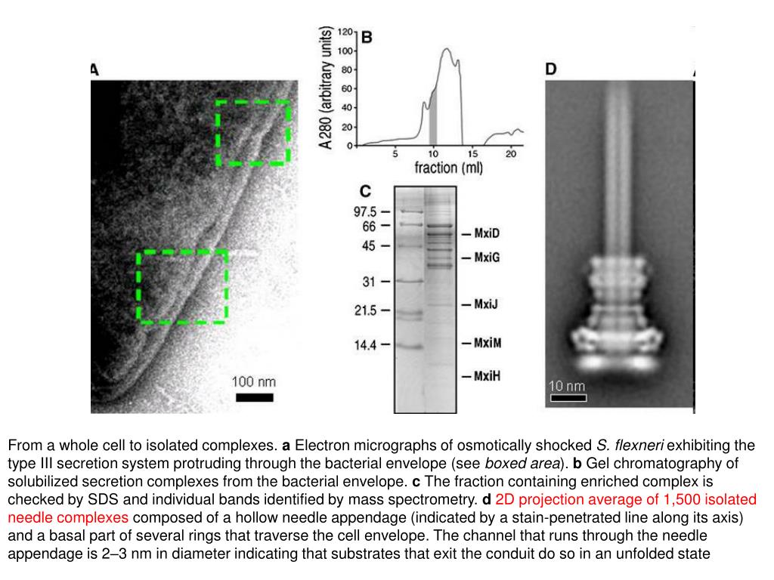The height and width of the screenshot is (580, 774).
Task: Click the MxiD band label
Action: point(488,233)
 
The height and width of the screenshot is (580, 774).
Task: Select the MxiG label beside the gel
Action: point(488,258)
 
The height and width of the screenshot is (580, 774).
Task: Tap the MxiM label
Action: point(488,342)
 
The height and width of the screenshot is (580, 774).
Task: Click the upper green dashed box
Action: point(253,132)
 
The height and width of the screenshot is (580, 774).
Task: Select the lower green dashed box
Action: point(182,287)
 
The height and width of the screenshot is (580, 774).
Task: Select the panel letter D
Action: point(551,69)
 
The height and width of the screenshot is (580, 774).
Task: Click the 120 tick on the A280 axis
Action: point(345,32)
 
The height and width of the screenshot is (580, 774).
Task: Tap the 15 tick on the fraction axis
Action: point(472,154)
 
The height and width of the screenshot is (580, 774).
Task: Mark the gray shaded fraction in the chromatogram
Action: point(433,117)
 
